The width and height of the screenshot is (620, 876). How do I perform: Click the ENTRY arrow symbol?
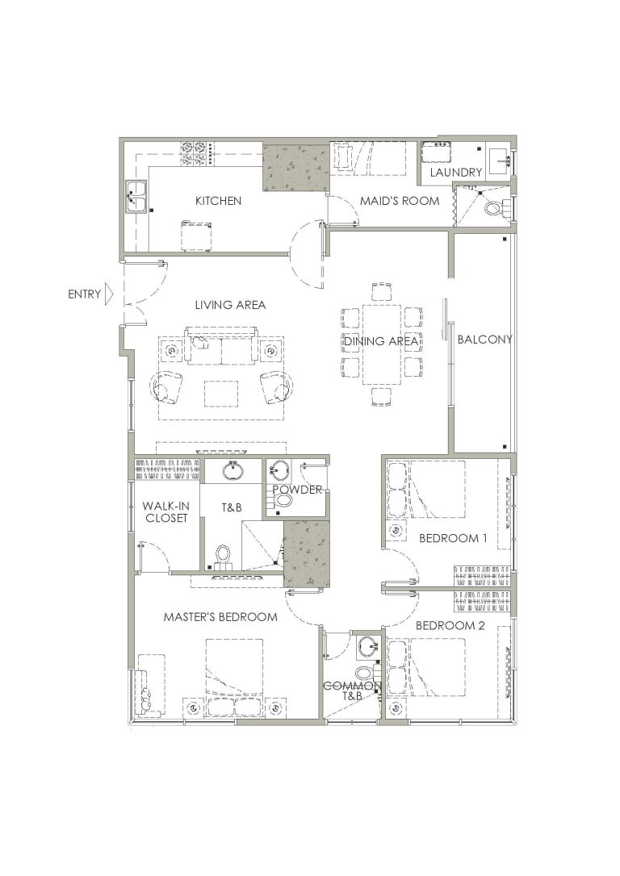[109, 294]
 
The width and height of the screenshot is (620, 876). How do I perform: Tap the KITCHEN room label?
[218, 201]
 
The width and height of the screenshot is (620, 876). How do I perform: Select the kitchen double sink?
[136, 197]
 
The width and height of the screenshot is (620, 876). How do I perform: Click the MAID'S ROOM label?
[399, 201]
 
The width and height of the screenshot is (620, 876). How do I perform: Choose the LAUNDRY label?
[455, 173]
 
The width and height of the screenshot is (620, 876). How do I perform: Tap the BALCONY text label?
[484, 339]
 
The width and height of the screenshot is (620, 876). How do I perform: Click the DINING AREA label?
[381, 340]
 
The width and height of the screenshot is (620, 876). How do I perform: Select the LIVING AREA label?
[230, 305]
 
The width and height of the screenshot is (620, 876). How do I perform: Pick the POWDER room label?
[297, 490]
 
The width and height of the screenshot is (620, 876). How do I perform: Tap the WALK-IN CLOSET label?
[166, 511]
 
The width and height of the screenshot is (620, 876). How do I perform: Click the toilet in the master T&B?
[223, 556]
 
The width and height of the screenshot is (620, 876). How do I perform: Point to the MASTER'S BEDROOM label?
[220, 617]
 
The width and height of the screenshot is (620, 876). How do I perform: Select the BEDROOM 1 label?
[453, 539]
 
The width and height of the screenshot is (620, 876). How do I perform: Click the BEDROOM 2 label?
[450, 626]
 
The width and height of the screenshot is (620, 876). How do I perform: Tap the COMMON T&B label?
[352, 691]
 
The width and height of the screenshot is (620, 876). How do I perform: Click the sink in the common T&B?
[368, 646]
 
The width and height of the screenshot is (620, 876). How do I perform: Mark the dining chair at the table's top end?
[381, 292]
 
